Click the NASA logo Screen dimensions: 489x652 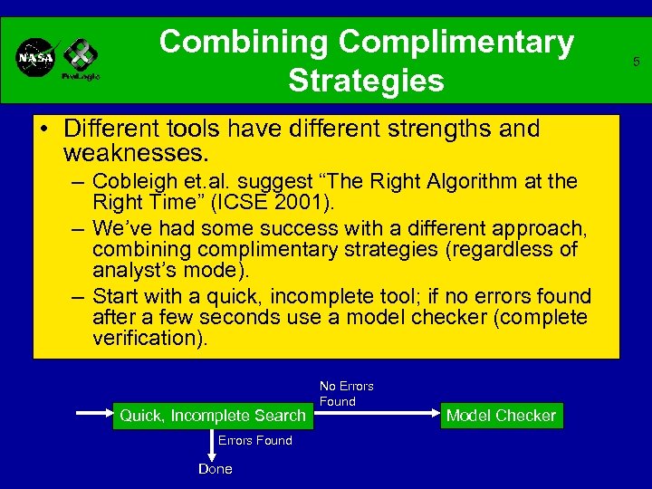(36, 58)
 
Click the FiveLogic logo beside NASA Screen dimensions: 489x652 (80, 60)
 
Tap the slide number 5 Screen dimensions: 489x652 (637, 62)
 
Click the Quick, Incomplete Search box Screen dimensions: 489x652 (214, 416)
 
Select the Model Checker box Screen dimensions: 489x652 (501, 416)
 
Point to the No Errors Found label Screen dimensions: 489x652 (346, 393)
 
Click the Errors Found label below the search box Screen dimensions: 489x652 (254, 440)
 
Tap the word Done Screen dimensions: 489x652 (216, 468)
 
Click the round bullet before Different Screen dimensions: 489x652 (44, 129)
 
